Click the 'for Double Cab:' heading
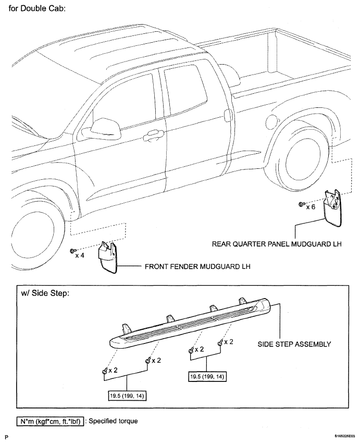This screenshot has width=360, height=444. coord(37,8)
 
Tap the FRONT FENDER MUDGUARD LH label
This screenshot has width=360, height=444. coord(197,266)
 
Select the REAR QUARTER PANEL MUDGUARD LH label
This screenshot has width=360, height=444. coord(277,244)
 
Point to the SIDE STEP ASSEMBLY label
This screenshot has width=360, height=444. coord(294,344)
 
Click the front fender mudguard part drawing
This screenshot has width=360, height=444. coord(107,257)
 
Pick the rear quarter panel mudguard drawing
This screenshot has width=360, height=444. coord(332,208)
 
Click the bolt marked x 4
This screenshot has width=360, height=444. coord(73,251)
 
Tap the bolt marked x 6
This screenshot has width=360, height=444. coord(302,204)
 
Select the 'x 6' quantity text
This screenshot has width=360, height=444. coord(311,207)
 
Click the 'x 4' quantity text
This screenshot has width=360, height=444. coord(80,255)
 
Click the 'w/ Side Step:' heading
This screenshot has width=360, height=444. coord(45,293)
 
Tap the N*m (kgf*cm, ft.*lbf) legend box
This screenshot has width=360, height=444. coord(50,422)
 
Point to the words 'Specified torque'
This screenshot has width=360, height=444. coord(113,421)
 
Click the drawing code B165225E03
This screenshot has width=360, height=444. coord(346,436)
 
